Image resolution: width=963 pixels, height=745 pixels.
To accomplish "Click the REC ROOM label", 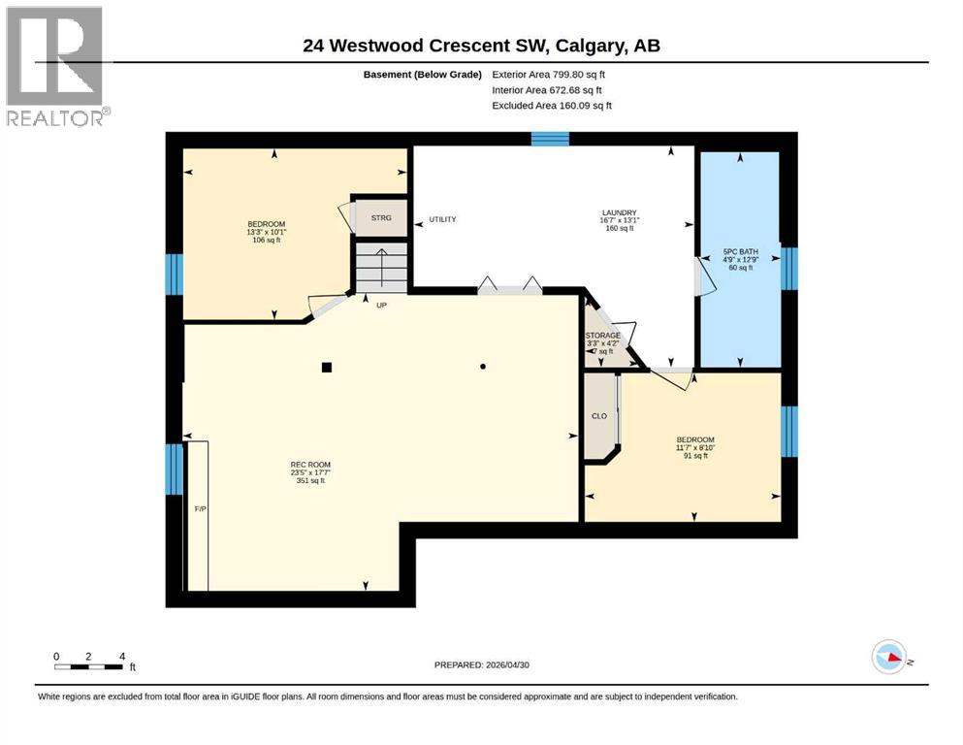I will (311, 464).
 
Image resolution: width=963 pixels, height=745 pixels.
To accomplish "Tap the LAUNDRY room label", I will (618, 212).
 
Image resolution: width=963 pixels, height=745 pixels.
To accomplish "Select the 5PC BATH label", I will (738, 259).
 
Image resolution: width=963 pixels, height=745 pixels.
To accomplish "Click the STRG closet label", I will (381, 217).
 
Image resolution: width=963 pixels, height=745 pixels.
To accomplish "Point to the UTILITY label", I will (442, 219).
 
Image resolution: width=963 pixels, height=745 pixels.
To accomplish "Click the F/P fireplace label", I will (200, 508).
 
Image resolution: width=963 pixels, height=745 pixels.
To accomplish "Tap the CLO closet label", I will (599, 416).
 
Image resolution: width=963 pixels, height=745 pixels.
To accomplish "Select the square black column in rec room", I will (327, 367).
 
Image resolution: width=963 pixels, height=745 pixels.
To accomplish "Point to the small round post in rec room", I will (482, 367).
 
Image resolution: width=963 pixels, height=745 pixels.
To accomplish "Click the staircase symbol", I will (381, 265).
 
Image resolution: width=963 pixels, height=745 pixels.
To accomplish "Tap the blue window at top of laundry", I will (550, 139).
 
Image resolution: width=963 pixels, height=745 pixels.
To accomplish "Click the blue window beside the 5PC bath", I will (788, 269).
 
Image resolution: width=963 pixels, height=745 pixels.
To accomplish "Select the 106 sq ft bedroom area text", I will (265, 241).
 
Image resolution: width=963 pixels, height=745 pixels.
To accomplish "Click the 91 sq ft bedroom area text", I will (694, 455).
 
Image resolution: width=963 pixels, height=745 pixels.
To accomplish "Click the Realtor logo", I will (55, 65).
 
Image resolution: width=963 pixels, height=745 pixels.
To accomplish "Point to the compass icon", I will (888, 657).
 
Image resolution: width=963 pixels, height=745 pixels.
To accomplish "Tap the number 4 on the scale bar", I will (121, 657).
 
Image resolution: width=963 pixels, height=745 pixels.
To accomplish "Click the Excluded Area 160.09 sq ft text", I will (552, 106).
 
